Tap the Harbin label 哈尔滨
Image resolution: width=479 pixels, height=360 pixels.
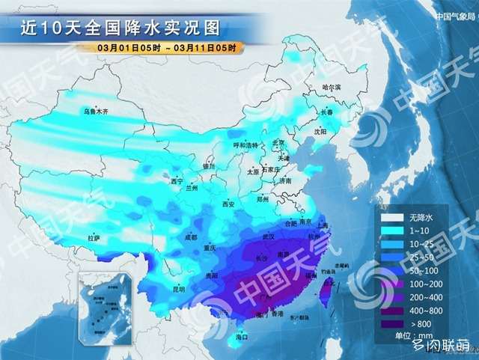point(331,88)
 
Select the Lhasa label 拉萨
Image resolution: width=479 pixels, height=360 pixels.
point(94,238)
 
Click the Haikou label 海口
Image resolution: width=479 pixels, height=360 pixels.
point(241,338)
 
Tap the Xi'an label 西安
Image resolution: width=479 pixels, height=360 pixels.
point(228,204)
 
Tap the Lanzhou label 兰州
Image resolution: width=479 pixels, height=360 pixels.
point(193,189)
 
